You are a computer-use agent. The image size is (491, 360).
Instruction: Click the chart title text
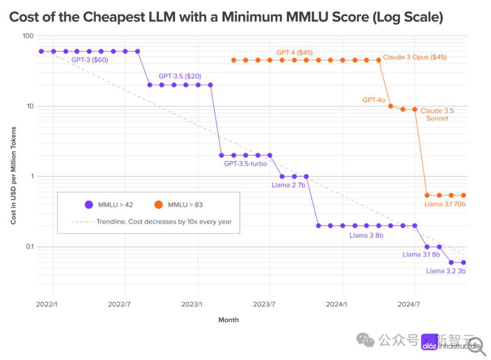click(x=226, y=17)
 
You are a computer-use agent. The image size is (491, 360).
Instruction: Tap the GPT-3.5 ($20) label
click(x=180, y=76)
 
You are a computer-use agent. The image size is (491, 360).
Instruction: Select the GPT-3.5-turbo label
click(x=245, y=164)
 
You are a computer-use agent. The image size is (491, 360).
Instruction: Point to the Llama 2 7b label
click(x=288, y=185)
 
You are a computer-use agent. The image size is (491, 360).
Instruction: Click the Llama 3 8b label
click(x=366, y=235)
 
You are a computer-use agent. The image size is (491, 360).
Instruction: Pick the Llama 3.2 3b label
click(x=446, y=271)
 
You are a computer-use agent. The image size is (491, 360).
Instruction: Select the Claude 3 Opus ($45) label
click(x=414, y=57)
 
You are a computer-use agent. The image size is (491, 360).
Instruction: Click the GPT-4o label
click(x=374, y=100)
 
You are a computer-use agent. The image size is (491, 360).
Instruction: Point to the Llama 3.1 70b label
click(x=445, y=204)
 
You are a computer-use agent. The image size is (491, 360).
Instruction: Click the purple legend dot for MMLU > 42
click(x=89, y=204)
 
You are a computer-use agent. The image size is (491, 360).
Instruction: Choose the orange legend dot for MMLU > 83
click(x=158, y=204)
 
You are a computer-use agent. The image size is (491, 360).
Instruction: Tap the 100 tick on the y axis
click(x=27, y=36)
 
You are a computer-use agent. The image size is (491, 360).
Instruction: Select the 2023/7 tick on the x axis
click(x=264, y=303)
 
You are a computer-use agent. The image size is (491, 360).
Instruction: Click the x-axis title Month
click(x=228, y=320)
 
